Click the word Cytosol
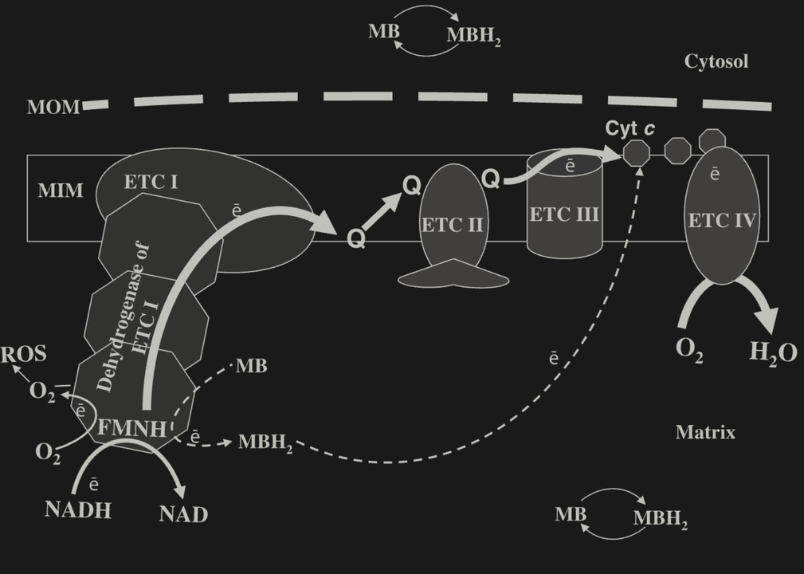tap(716, 61)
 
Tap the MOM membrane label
tap(53, 107)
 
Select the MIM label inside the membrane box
tap(60, 191)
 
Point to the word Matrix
tap(705, 432)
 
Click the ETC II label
tap(452, 224)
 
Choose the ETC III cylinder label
tap(564, 214)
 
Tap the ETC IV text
tap(721, 220)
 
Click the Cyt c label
tap(630, 128)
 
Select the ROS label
tap(23, 354)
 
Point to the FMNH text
tap(132, 429)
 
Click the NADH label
tap(78, 509)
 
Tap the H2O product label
tap(772, 352)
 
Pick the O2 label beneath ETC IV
tap(689, 350)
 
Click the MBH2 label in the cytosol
tap(473, 36)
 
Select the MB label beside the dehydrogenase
tap(251, 366)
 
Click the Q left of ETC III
tap(492, 179)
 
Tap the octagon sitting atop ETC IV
tap(712, 140)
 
